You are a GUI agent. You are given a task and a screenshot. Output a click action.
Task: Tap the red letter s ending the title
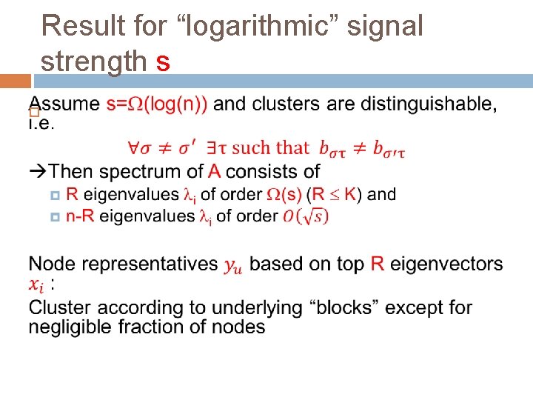pos(164,62)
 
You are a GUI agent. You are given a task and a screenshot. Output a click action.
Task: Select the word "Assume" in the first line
pos(64,104)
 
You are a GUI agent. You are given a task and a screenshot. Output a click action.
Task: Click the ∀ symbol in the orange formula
pos(134,148)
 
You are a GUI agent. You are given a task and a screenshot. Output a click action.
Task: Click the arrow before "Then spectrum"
pos(38,172)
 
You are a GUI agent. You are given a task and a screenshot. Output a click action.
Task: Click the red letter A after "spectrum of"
pos(214,172)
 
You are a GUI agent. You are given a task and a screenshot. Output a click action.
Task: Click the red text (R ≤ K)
pos(333,195)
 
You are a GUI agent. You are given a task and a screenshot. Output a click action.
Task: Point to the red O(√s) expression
pos(304,216)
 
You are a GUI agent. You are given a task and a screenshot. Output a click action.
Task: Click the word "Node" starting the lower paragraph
pos(48,264)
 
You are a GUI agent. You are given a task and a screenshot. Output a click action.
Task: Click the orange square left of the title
pos(16,80)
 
